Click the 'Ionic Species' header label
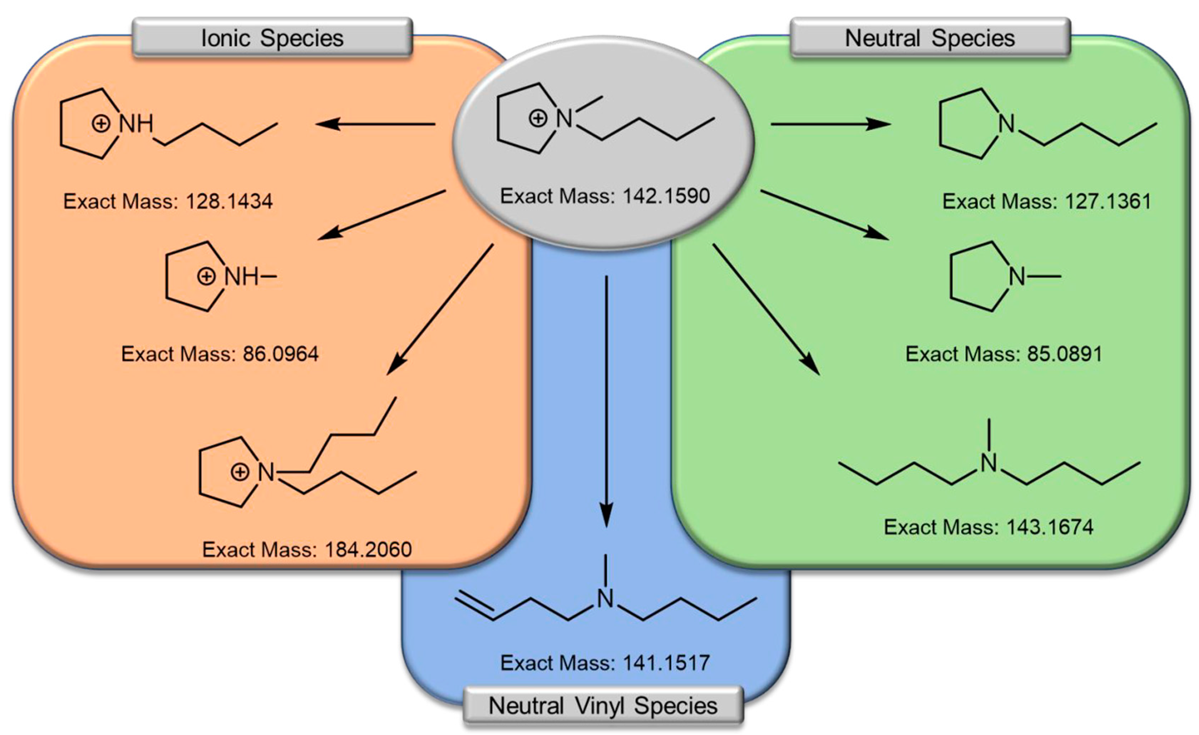click(272, 38)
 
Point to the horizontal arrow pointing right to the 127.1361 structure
click(830, 124)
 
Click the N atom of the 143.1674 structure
click(988, 463)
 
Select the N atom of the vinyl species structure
click(605, 599)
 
